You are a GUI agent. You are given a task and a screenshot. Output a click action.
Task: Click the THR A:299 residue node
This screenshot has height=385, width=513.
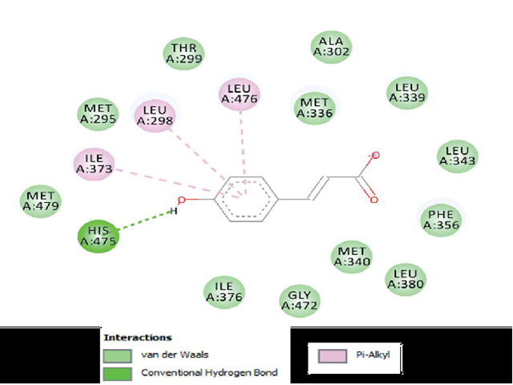tap(184, 53)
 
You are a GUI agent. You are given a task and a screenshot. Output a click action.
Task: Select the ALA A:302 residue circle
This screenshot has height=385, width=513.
tap(330, 47)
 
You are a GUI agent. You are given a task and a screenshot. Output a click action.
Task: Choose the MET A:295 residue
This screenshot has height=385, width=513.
tap(99, 115)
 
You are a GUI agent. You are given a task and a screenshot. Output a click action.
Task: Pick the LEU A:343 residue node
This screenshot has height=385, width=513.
tap(457, 156)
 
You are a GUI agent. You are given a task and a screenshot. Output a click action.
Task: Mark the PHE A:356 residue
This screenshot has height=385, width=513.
tap(440, 219)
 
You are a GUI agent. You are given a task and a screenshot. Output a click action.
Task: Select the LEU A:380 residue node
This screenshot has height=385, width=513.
tap(405, 278)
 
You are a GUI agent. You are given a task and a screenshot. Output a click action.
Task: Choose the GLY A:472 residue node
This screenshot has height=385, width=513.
tap(299, 300)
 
